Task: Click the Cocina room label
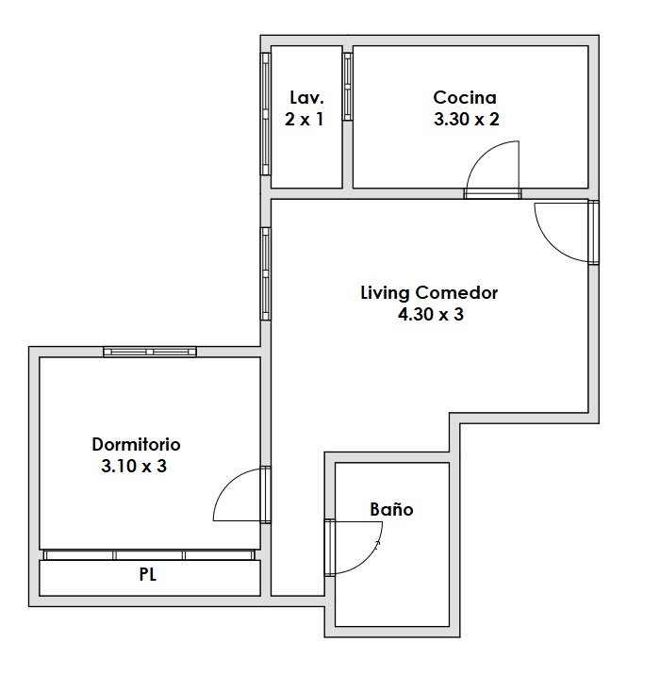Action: [x=465, y=97]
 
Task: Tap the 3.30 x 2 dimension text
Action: [x=466, y=119]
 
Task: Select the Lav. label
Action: [x=306, y=97]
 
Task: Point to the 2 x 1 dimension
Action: [x=305, y=119]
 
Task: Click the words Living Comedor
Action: [x=429, y=293]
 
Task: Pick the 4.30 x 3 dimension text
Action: [x=431, y=314]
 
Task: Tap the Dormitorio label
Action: [x=136, y=444]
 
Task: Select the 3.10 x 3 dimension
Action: [x=134, y=466]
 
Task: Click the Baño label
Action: [x=391, y=509]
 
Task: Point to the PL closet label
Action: [x=148, y=575]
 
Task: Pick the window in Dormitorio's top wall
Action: [x=150, y=352]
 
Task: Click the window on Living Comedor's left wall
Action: [x=265, y=273]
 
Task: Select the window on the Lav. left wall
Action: [x=265, y=114]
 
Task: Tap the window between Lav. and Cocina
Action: [x=347, y=87]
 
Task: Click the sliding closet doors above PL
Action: [x=149, y=555]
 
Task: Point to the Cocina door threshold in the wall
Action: [x=492, y=193]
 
